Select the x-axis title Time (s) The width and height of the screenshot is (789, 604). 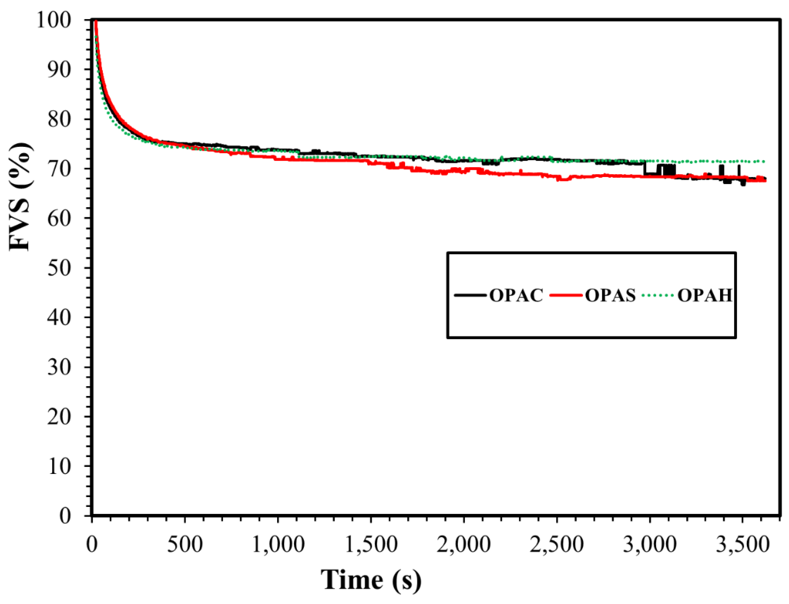pos(371,580)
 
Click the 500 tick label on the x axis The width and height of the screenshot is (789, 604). pos(185,545)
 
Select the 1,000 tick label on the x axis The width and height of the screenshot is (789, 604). pos(278,545)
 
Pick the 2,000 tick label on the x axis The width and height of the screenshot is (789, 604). pos(464,545)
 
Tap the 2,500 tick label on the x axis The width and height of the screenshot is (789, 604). pos(556,545)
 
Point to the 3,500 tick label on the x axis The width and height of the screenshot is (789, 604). pos(743,545)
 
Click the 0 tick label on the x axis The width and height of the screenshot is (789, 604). pos(92,545)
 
